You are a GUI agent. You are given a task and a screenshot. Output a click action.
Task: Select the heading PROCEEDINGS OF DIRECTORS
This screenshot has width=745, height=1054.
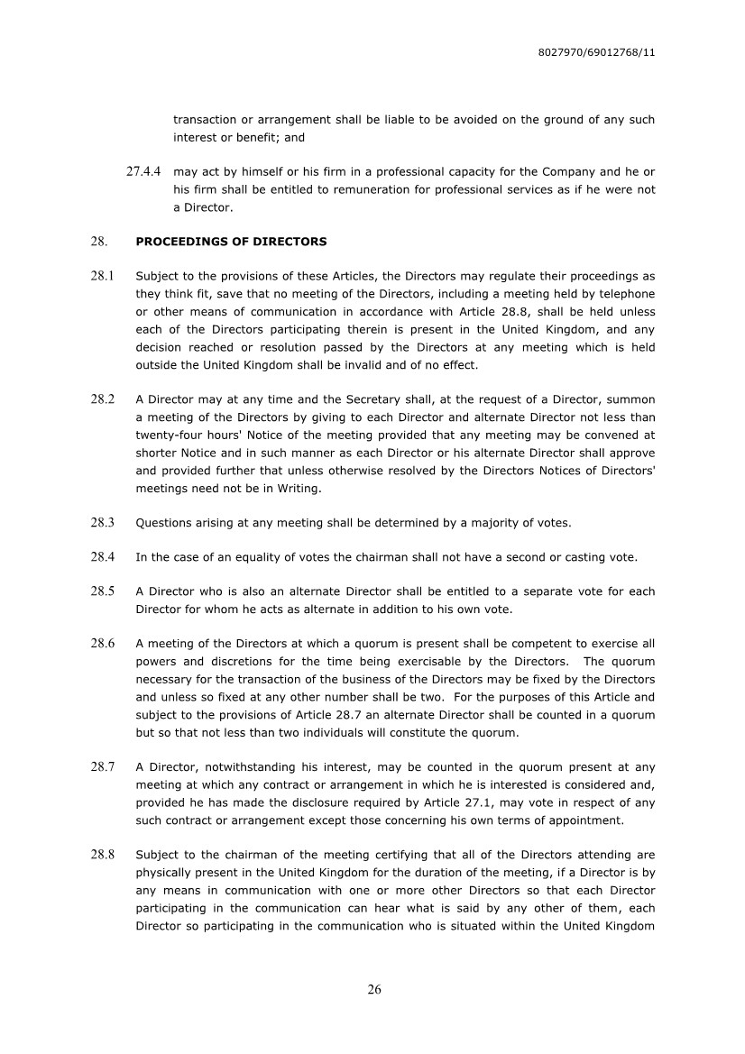pos(231,242)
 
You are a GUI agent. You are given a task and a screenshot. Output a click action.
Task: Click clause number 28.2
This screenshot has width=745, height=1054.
pos(103,399)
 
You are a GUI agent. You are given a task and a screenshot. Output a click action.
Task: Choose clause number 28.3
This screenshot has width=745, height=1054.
pos(103,522)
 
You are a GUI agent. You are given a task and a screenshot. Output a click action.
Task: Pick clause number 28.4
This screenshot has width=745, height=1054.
pos(103,557)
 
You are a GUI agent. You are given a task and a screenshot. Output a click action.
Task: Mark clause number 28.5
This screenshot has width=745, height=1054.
pos(103,591)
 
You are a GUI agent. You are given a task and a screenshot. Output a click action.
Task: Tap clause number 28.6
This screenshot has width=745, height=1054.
pos(103,643)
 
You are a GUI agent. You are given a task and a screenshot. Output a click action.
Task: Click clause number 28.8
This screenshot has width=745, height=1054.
pos(103,854)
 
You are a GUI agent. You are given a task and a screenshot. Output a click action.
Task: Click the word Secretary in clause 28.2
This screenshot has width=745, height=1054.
pos(326,399)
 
